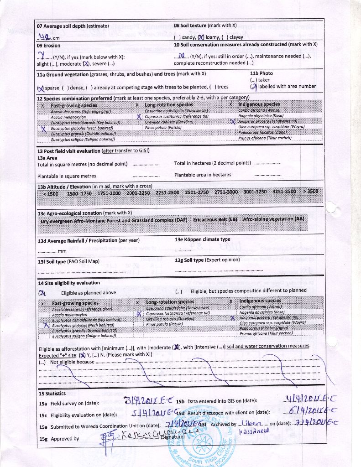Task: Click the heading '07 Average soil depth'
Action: pyautogui.click(x=73, y=26)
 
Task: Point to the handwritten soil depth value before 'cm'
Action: pyautogui.click(x=44, y=37)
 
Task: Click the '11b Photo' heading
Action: pyautogui.click(x=262, y=73)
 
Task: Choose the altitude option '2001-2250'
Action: pyautogui.click(x=138, y=192)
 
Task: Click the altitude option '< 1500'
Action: pyautogui.click(x=50, y=193)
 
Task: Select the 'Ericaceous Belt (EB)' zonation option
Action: pyautogui.click(x=215, y=219)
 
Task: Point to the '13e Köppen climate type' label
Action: pyautogui.click(x=202, y=239)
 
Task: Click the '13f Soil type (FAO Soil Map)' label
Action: pyautogui.click(x=68, y=262)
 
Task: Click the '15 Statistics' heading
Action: pyautogui.click(x=52, y=393)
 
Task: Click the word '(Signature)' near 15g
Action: pyautogui.click(x=173, y=436)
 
